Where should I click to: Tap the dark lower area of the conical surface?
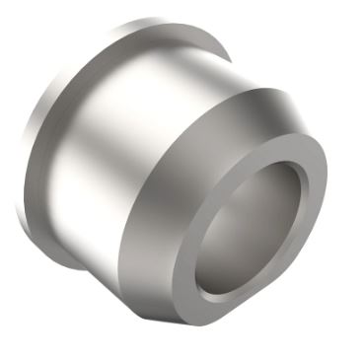click(148, 286)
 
